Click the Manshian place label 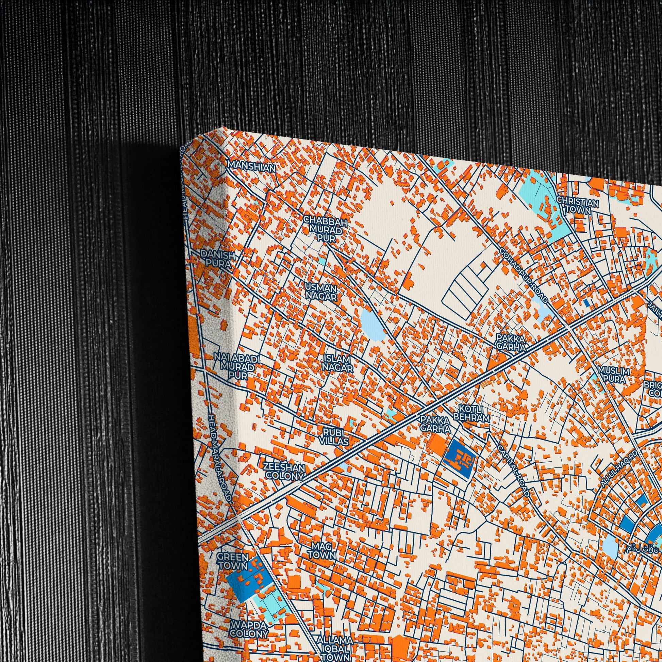coord(251,167)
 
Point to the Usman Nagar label coord(321,292)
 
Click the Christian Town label coord(578,205)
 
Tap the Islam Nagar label coord(337,364)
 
